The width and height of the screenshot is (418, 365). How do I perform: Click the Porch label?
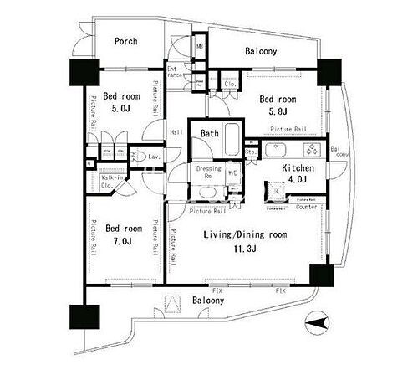(125, 42)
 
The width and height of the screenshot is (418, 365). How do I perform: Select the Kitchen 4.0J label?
(297, 172)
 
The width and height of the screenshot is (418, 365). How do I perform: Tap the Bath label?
(209, 131)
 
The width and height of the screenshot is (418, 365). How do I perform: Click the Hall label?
(177, 133)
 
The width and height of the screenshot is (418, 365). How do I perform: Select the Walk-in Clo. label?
(114, 182)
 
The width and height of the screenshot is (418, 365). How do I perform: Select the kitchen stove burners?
(310, 151)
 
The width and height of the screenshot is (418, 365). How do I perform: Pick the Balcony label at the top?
(261, 52)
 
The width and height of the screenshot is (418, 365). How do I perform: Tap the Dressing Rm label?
(208, 172)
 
